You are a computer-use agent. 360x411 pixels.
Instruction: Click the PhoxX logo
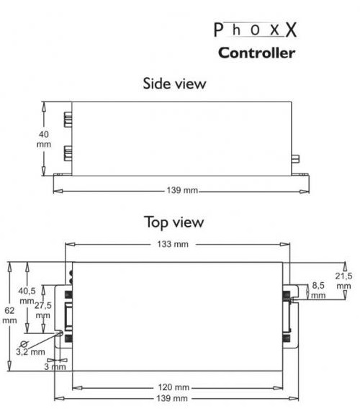point(256,30)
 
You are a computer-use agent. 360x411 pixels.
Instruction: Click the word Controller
point(257,53)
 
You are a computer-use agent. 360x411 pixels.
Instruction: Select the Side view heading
point(174,83)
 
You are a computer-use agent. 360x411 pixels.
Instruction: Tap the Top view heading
point(174,222)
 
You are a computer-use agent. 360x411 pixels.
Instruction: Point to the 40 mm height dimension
point(43,139)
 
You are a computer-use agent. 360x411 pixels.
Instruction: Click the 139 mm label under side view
point(182,190)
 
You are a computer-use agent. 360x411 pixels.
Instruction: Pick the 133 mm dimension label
point(173,244)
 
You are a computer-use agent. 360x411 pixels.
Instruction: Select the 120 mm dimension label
point(174,387)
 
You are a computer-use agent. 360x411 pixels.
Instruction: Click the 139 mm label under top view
point(172,399)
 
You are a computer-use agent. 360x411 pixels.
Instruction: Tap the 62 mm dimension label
point(9,315)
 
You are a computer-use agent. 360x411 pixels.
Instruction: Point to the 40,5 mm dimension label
point(27,296)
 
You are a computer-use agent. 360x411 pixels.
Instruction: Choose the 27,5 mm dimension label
point(43,310)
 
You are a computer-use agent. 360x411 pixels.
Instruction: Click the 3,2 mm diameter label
point(30,352)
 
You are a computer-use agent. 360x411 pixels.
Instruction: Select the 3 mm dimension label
point(55,366)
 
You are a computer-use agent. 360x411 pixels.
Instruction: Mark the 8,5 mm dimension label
point(318,290)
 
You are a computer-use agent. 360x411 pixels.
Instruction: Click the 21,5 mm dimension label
point(343,281)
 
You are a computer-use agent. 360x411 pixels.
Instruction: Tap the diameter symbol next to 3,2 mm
point(24,344)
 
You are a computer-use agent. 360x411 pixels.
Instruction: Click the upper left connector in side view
point(68,119)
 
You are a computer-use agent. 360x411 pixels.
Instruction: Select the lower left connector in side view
point(68,153)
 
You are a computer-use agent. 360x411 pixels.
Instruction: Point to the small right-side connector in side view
point(295,158)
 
